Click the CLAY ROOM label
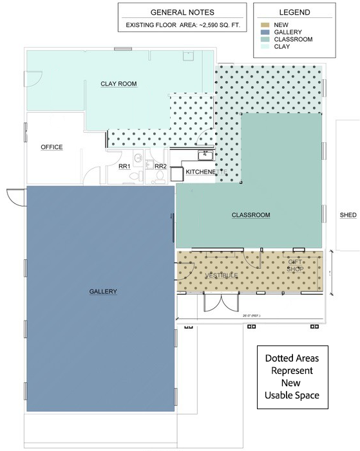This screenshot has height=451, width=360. [118, 84]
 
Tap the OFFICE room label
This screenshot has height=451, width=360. [52, 147]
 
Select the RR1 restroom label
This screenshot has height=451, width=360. [124, 167]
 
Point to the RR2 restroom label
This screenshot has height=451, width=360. [160, 167]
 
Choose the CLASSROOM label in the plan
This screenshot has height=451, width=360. [251, 215]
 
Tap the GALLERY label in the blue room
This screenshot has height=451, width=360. [103, 291]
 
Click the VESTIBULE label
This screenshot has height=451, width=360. [221, 275]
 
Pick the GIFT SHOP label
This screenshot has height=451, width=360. [296, 265]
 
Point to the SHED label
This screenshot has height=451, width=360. [348, 215]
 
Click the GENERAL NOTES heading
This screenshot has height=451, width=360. [182, 12]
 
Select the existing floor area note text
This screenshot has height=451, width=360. [182, 26]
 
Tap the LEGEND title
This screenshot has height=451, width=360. [294, 12]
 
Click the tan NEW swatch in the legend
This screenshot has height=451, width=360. [264, 24]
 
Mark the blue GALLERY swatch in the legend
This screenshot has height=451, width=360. [264, 32]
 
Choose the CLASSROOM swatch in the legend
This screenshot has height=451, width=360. [264, 39]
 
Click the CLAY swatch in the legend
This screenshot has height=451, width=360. [264, 46]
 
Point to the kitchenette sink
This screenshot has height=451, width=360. [205, 154]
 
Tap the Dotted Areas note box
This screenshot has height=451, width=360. [292, 376]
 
